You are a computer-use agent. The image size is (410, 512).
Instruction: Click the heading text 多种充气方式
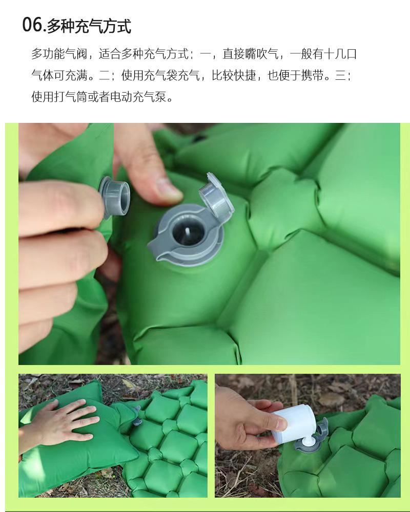click(89, 26)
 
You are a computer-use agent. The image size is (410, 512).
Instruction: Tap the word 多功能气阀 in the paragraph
click(59, 54)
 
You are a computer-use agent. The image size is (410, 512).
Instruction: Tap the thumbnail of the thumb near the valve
click(169, 187)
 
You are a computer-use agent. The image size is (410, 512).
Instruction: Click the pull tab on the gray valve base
click(157, 250)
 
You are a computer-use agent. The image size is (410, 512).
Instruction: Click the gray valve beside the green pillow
click(136, 415)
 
